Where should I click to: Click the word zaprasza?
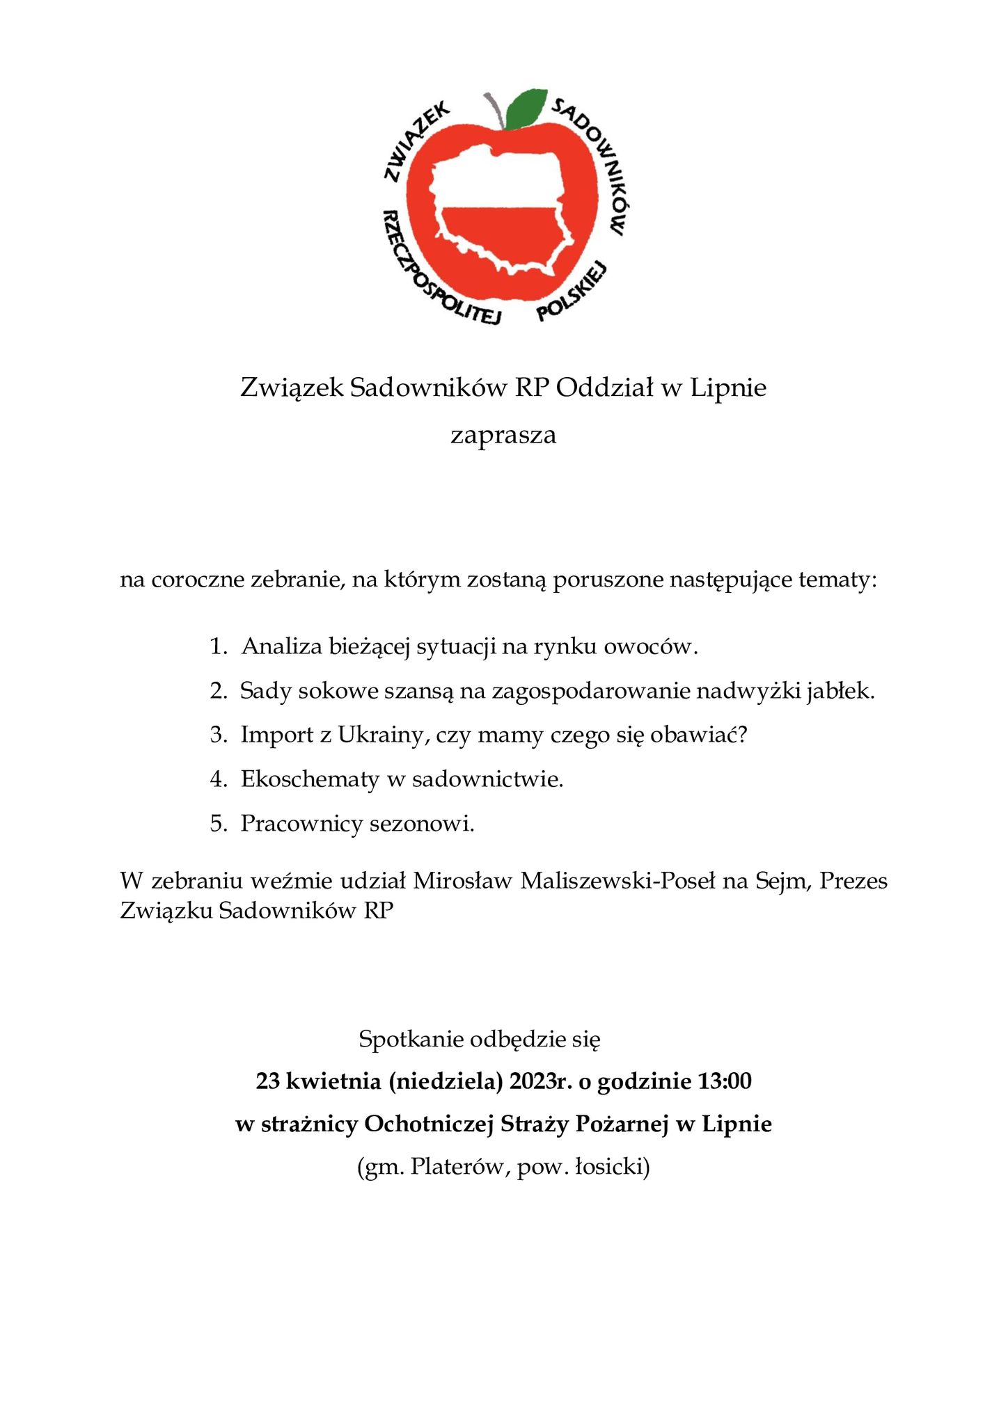pyautogui.click(x=503, y=436)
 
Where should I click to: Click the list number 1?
pyautogui.click(x=217, y=647)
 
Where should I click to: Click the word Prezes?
pyautogui.click(x=853, y=881)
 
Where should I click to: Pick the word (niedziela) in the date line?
pyautogui.click(x=446, y=1081)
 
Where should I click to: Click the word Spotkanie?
pyautogui.click(x=411, y=1039)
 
